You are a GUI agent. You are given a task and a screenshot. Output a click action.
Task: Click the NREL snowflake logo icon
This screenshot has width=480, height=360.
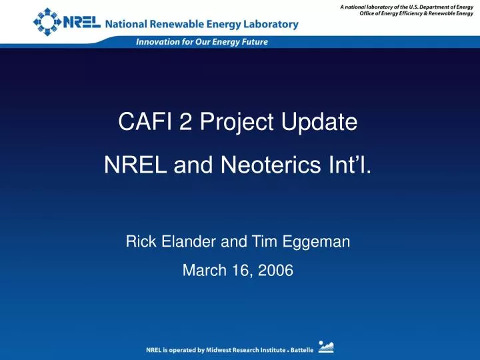(x=47, y=21)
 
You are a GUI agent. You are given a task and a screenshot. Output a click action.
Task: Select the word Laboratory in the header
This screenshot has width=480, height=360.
(x=267, y=25)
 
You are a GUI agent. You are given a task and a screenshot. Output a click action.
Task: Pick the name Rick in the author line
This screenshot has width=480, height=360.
(x=138, y=243)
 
